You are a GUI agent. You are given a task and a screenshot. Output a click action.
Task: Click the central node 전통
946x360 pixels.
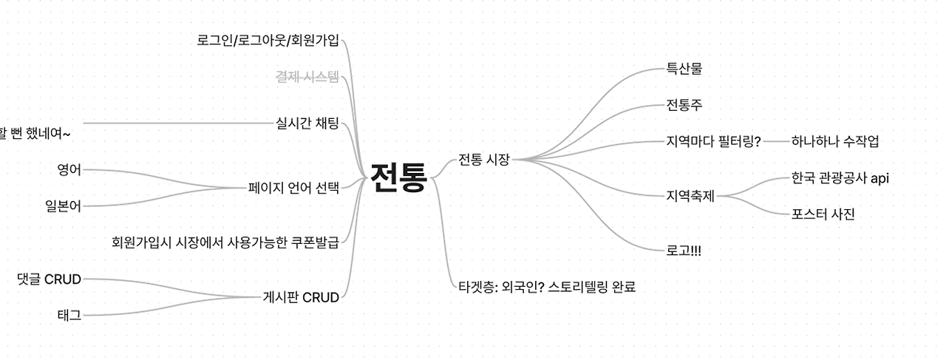398,178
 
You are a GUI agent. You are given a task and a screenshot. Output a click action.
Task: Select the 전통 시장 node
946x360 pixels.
484,159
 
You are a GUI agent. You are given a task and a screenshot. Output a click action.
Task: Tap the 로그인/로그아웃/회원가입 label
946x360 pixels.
268,40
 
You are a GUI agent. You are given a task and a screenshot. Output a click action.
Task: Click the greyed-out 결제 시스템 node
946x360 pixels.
307,76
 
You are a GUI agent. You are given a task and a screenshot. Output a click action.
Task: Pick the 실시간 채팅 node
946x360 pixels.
307,123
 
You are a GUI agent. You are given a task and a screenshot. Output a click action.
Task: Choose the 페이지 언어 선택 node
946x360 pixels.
294,188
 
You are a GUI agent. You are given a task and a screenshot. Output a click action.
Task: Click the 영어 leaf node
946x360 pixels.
69,169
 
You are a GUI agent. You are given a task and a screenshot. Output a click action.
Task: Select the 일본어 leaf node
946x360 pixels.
63,206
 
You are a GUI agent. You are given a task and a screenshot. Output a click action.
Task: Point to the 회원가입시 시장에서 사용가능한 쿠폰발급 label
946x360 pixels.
225,242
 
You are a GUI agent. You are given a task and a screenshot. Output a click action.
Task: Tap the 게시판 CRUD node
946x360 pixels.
301,298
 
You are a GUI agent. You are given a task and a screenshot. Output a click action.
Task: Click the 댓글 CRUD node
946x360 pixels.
49,279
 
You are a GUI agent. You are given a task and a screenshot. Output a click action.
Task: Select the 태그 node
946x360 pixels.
69,315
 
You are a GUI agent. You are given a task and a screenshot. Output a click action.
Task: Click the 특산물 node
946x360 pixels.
684,69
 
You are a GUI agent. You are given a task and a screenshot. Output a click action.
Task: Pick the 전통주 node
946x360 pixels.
684,105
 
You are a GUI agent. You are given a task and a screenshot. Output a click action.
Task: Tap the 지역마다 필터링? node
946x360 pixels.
713,141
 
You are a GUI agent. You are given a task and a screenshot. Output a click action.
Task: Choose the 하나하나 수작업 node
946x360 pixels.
835,141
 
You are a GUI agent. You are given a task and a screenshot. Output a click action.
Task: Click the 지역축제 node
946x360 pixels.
690,196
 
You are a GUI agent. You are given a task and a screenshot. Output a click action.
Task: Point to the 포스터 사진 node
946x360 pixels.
823,214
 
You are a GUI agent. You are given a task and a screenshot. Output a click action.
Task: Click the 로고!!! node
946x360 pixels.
684,251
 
